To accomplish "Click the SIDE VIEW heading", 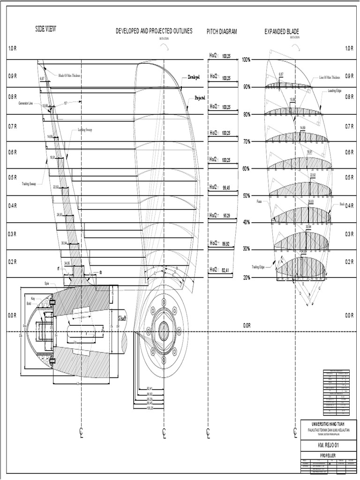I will tap(45, 29).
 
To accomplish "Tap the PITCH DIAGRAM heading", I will tap(222, 31).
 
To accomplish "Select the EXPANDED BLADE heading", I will tap(282, 31).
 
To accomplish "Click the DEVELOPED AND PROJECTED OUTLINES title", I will tap(154, 31).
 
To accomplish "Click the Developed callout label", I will tap(194, 77).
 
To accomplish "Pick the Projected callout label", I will tap(200, 98).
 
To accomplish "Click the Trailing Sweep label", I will tap(32, 184).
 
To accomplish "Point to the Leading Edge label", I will tap(336, 91).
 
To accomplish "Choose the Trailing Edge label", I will tap(257, 267).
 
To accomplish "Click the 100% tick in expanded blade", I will tap(246, 60).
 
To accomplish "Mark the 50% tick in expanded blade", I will tap(246, 195).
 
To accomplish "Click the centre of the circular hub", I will tap(164, 331).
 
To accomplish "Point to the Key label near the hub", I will tap(33, 299).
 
